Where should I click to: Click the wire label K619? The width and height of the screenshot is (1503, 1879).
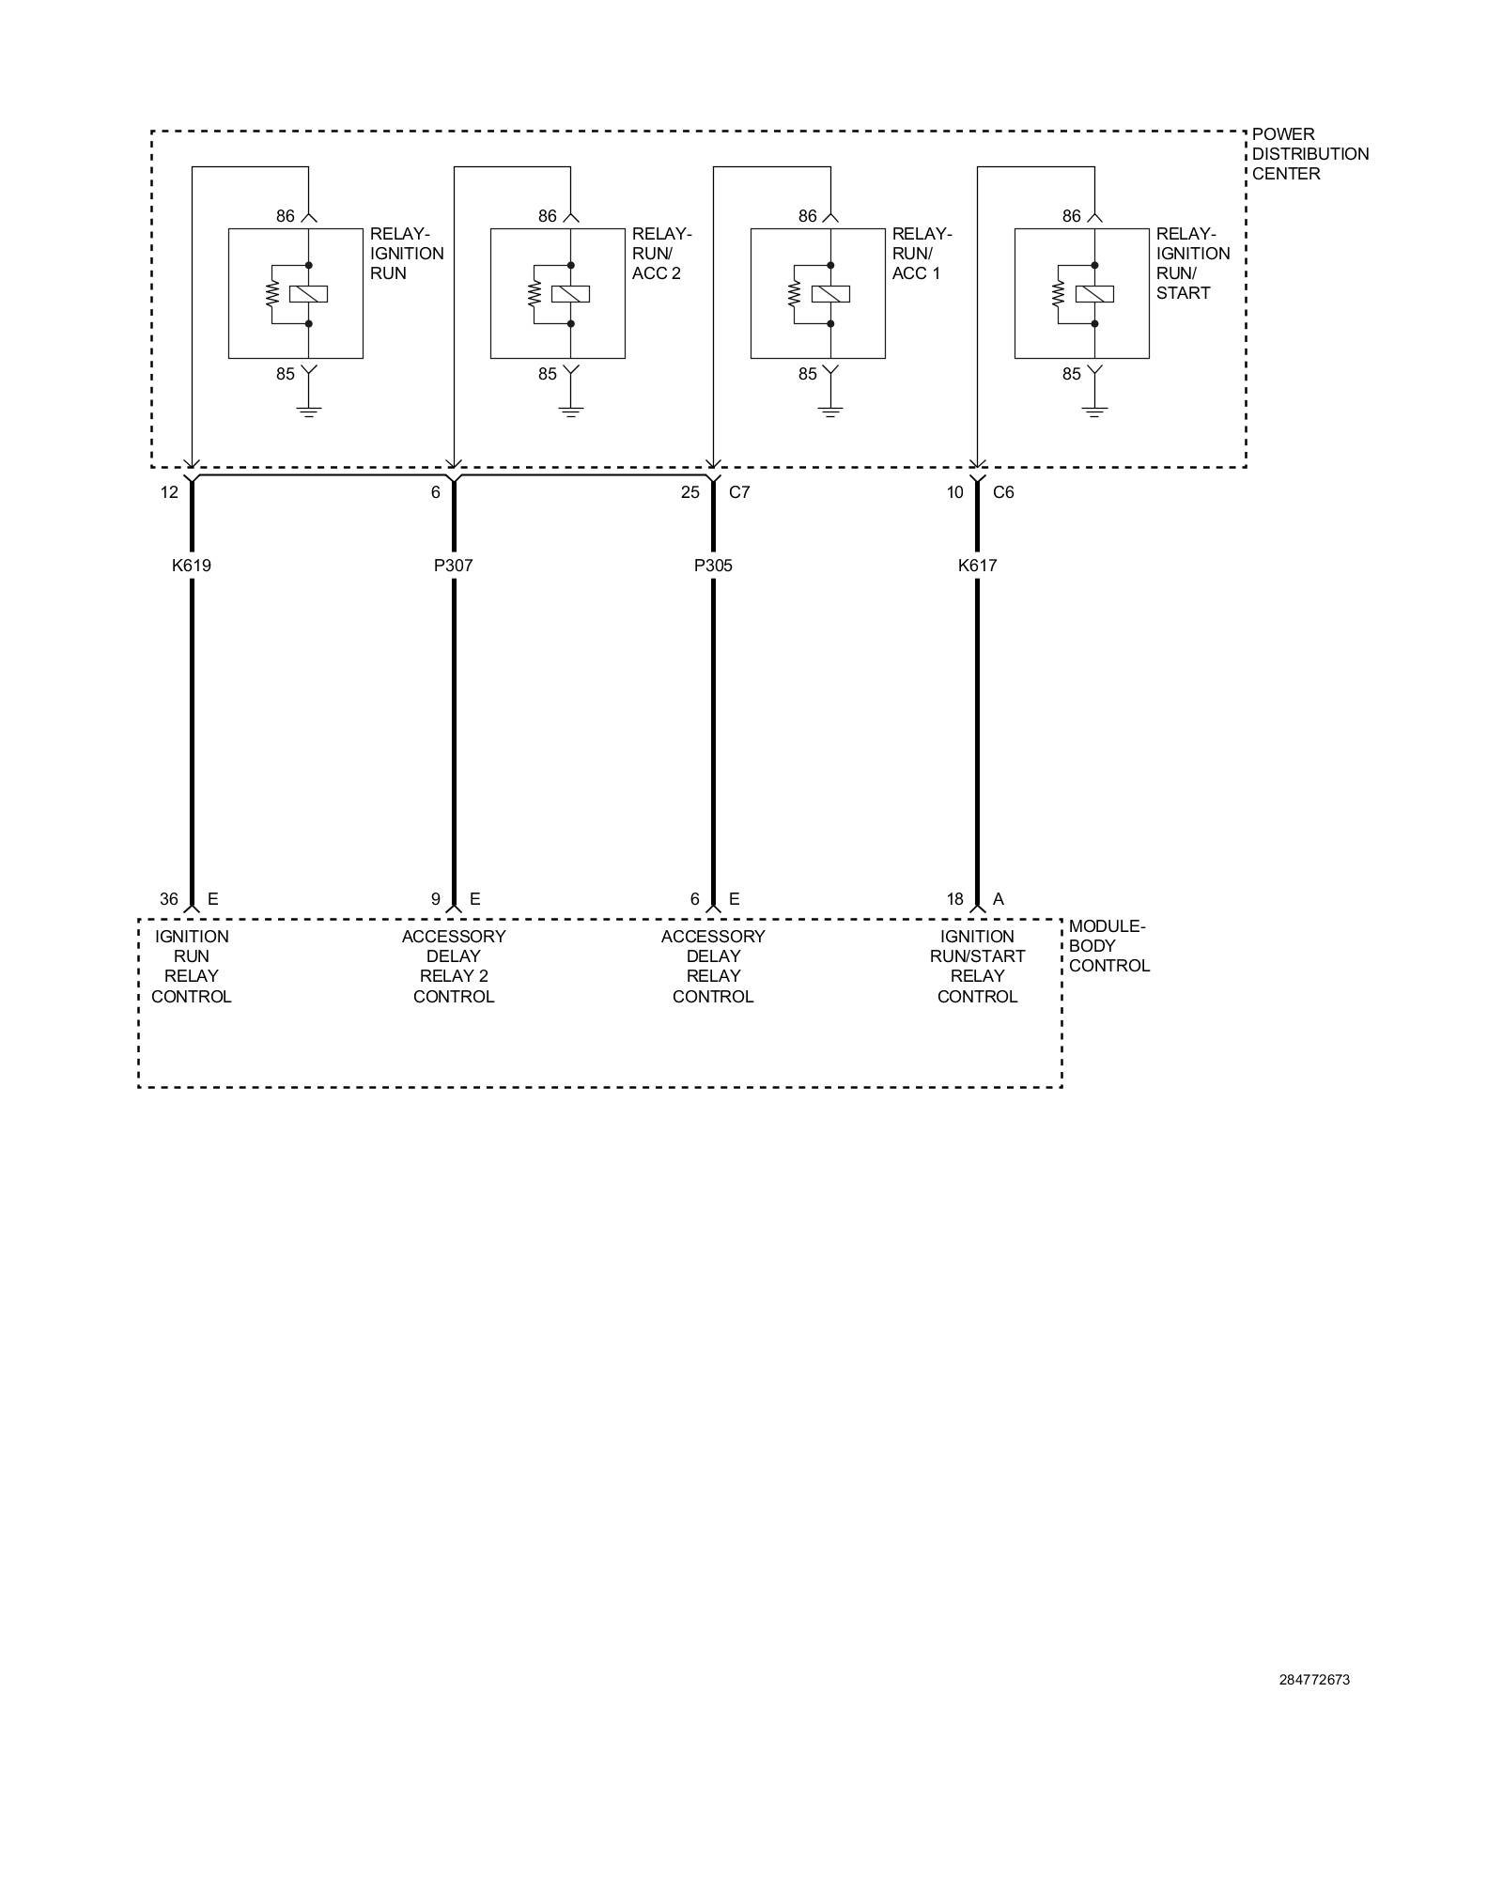pos(191,566)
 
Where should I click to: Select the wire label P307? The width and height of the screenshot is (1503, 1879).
pos(453,566)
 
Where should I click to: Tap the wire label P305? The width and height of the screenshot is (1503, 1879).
pos(713,566)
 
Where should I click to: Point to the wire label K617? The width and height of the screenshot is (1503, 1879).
pos(977,566)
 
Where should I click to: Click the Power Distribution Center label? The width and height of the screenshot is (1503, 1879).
pos(1309,154)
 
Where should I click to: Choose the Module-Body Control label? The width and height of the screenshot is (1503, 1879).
pos(1108,946)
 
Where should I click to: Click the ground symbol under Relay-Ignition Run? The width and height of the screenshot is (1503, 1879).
pos(308,411)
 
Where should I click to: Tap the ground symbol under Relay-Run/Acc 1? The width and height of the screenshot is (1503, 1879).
pos(830,411)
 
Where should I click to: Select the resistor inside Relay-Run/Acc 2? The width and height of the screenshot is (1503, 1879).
pos(535,294)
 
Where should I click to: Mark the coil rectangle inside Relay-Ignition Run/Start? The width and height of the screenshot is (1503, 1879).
pos(1094,294)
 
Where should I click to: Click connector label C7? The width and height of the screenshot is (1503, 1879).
pos(739,492)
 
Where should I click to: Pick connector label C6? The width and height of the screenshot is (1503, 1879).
pos(1003,492)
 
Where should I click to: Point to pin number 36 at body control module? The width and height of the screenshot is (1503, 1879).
pos(168,899)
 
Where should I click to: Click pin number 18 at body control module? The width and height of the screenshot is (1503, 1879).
pos(954,899)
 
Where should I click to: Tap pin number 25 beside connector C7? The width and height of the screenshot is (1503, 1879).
pos(690,492)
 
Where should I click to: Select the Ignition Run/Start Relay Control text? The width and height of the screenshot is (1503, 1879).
pos(977,966)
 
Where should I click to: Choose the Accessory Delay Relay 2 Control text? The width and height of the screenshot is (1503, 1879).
pos(454,966)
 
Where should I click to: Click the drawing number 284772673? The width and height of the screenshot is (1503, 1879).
pos(1314,1680)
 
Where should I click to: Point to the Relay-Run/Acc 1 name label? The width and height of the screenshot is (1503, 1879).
pos(922,254)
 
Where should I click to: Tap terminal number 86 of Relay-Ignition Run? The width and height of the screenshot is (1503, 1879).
pos(286,216)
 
